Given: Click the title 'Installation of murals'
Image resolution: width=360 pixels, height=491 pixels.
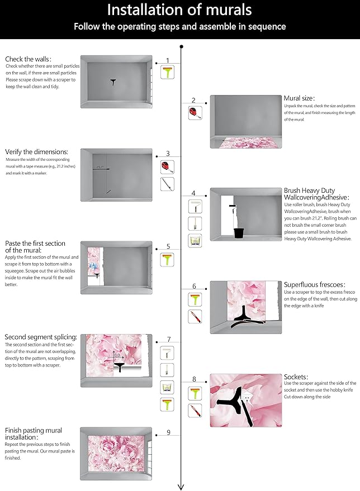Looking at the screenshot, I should click(x=179, y=10).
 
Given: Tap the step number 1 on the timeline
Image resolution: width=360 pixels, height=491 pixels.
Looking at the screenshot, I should click(x=167, y=60).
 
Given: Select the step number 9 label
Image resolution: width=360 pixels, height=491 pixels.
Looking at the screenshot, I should click(x=168, y=432).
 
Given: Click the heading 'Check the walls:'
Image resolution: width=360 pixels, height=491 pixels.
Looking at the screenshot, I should click(x=29, y=59).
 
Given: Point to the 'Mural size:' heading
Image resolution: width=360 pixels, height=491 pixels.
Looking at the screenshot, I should click(x=299, y=98).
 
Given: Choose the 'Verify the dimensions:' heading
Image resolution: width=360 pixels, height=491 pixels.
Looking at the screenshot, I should click(x=37, y=151).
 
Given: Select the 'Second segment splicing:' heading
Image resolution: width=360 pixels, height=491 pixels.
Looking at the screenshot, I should click(x=41, y=337).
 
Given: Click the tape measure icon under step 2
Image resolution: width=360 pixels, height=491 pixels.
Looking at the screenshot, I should click(x=193, y=112).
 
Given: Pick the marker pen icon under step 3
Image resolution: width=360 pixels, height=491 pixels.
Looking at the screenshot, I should click(x=167, y=184).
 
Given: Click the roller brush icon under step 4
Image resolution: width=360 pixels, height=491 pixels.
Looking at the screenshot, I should click(x=194, y=206).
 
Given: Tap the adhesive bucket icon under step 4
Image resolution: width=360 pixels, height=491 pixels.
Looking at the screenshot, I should click(x=194, y=241).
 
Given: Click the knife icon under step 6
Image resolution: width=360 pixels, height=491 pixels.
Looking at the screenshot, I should click(x=194, y=317).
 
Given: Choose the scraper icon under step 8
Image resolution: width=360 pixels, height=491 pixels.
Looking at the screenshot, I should click(x=194, y=393).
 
